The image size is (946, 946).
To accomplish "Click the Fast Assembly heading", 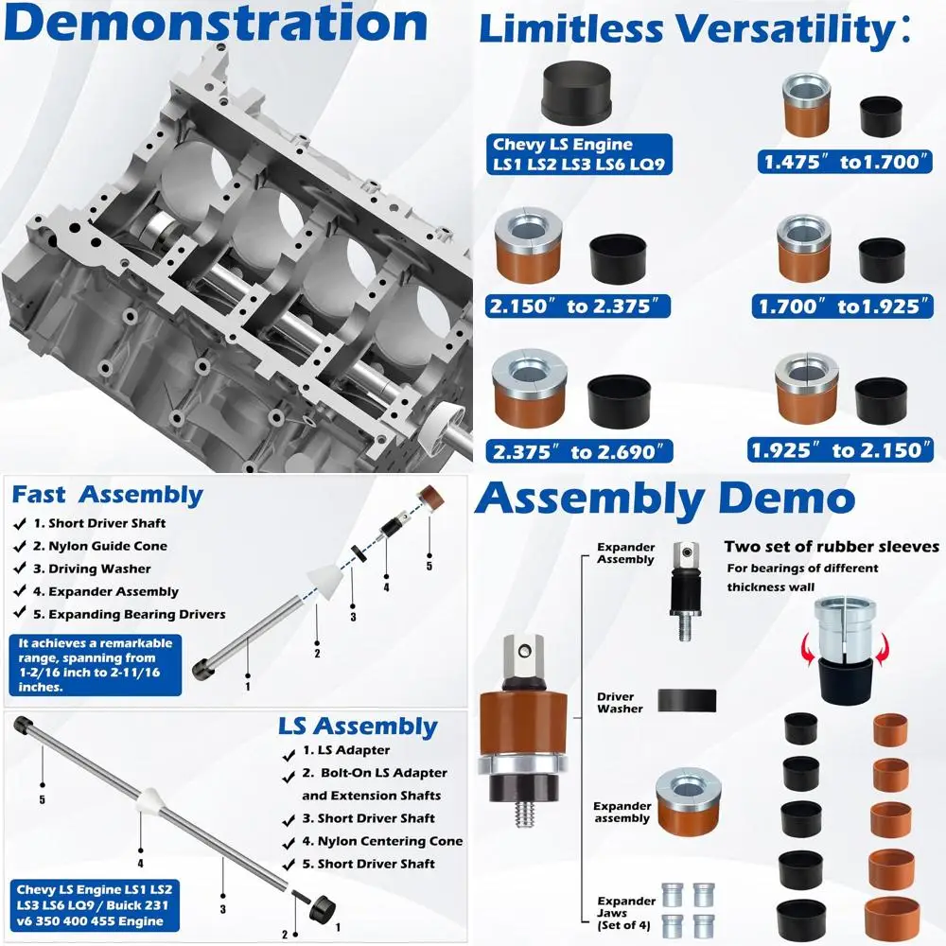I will pyautogui.click(x=107, y=495).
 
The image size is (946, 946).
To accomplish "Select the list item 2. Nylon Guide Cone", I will pyautogui.click(x=100, y=546).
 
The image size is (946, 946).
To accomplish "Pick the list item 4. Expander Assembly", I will pyautogui.click(x=106, y=591).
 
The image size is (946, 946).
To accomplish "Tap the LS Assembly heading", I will pyautogui.click(x=358, y=727).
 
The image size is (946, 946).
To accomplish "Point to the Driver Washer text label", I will pyautogui.click(x=620, y=703).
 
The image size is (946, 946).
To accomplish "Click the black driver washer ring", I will pyautogui.click(x=687, y=700).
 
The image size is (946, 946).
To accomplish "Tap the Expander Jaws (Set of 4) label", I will pyautogui.click(x=624, y=914).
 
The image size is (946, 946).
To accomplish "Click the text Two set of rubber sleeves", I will pyautogui.click(x=832, y=547).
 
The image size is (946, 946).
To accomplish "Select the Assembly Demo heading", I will pyautogui.click(x=664, y=499).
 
